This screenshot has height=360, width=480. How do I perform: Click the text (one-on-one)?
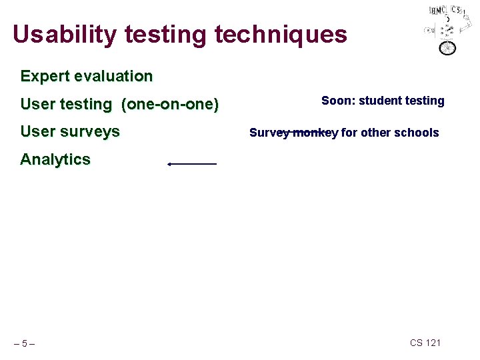coord(170,104)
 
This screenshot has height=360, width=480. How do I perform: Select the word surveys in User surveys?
coord(91,131)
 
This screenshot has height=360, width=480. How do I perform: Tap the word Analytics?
coord(55,159)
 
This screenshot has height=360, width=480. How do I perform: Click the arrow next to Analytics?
coord(192,163)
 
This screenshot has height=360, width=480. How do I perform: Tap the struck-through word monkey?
coord(315,133)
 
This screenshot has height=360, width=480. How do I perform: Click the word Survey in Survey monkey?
coord(269,133)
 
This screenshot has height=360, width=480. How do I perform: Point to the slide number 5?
coord(24,343)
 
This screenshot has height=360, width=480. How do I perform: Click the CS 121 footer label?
coord(425,343)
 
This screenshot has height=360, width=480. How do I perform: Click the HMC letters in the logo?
coord(437,11)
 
